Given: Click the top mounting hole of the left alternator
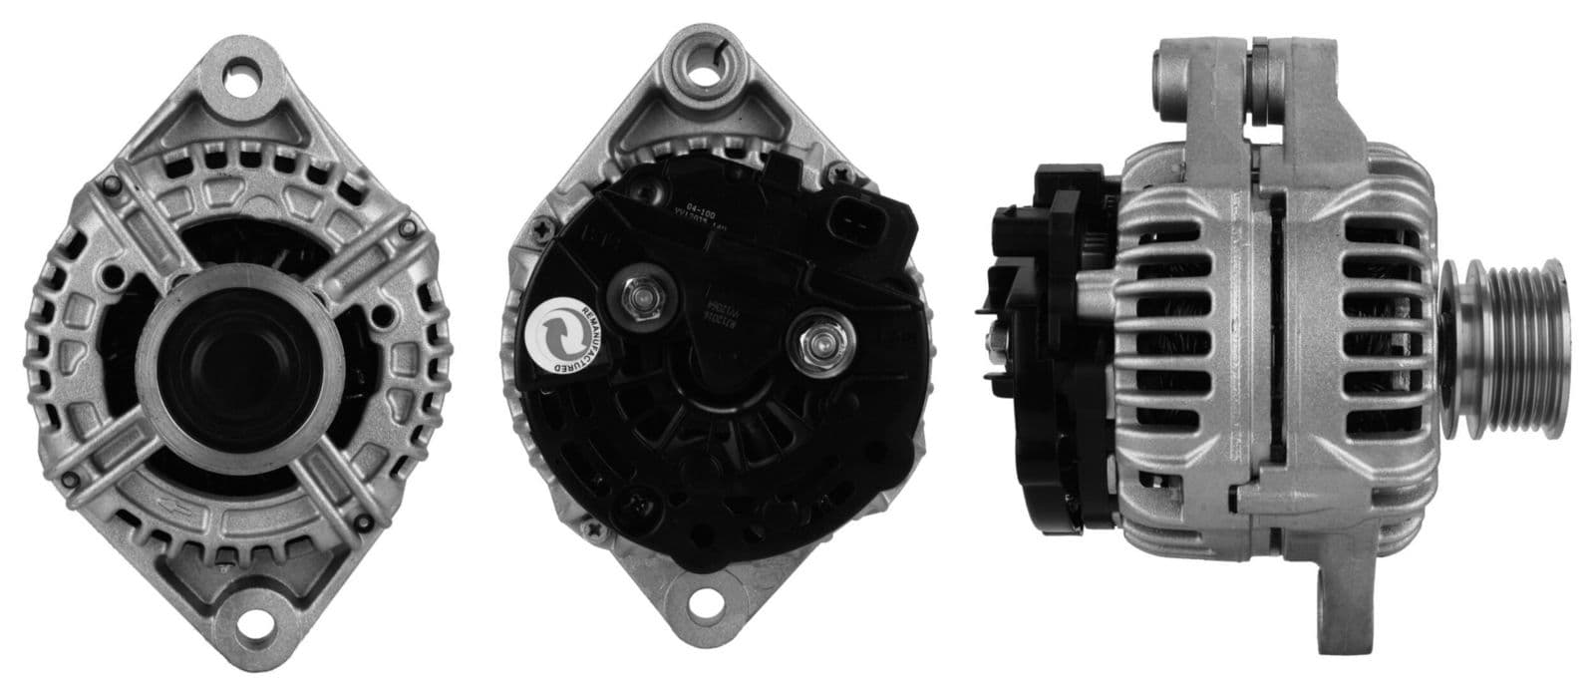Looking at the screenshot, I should tap(240, 79).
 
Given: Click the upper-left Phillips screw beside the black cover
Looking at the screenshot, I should tap(543, 231).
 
